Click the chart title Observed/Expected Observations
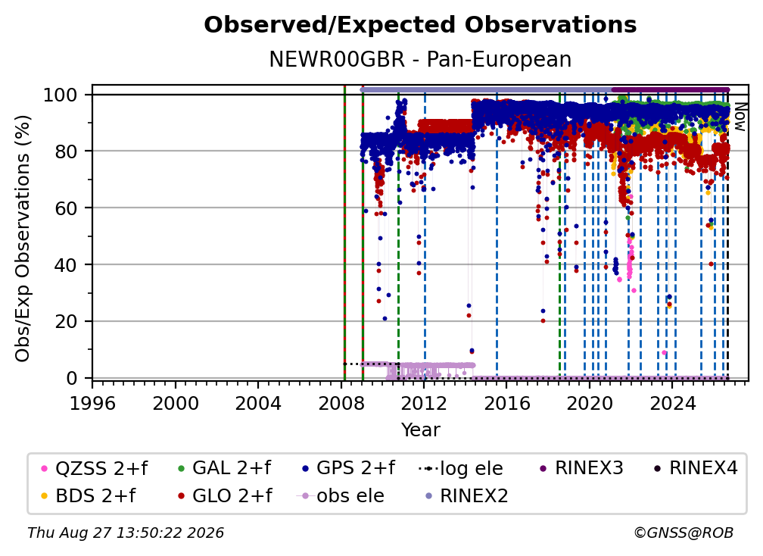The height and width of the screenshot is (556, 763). (420, 25)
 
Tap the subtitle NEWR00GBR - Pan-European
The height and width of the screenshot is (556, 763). (420, 59)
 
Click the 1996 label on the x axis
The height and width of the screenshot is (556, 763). (92, 404)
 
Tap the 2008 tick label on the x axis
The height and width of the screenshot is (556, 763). (341, 404)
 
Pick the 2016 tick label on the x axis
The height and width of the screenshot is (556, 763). (506, 404)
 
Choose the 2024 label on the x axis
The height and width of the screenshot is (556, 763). (672, 404)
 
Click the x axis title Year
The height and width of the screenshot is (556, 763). (420, 430)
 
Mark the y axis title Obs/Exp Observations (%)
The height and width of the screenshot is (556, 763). (23, 239)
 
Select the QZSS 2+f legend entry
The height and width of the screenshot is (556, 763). (95, 468)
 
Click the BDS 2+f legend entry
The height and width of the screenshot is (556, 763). (89, 496)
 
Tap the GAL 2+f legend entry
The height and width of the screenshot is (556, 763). (225, 468)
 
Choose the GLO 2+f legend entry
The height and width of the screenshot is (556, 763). (225, 496)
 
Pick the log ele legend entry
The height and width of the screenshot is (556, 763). (461, 468)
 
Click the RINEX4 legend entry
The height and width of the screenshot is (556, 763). (696, 468)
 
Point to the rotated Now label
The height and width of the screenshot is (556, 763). (740, 117)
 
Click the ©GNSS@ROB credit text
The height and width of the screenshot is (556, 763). (684, 533)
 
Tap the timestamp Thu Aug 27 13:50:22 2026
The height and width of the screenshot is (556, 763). (126, 533)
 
